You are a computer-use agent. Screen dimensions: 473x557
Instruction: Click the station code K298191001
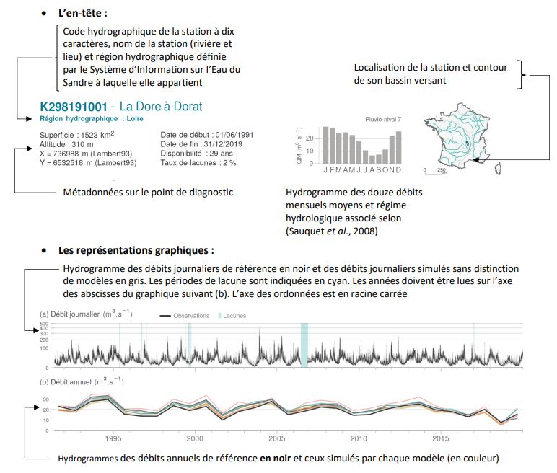point(74,107)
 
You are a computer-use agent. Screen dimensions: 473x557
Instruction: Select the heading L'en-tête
point(85,14)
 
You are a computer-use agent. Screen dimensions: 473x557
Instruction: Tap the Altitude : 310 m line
point(63,144)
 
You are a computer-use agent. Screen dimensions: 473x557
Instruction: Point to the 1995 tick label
point(113,438)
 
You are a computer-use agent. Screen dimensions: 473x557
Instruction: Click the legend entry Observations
point(190,315)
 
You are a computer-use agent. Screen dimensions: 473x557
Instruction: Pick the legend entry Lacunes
point(234,315)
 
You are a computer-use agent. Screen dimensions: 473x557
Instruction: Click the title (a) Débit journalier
point(85,314)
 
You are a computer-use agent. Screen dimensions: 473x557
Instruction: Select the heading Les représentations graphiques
point(136,250)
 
